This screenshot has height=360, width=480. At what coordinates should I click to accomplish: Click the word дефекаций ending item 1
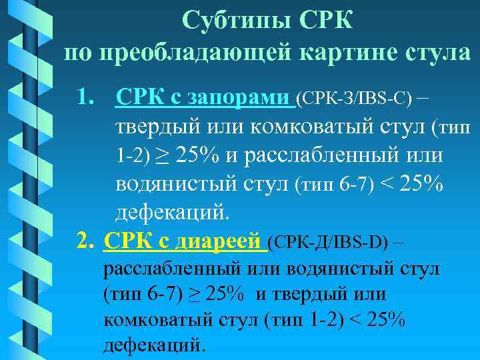pos(172,213)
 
